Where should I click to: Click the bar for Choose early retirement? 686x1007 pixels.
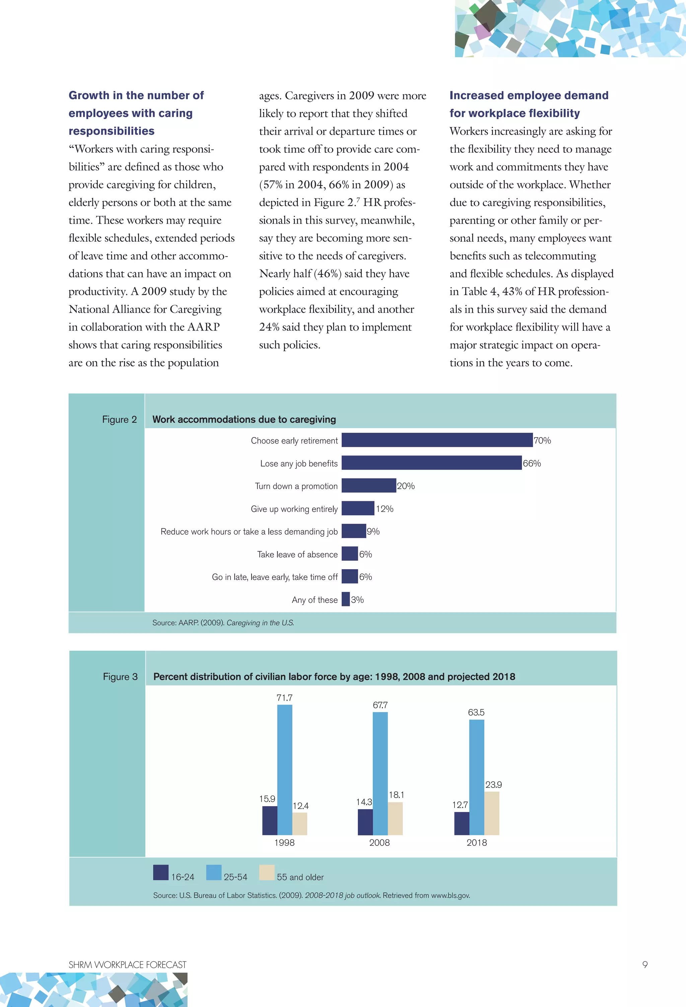437,440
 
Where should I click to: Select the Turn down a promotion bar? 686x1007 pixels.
368,485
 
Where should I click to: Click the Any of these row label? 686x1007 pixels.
315,600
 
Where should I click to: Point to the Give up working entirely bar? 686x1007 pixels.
358,508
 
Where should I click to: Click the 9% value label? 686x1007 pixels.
373,531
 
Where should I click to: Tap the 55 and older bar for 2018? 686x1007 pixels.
491,813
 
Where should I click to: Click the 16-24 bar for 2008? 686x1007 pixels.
365,822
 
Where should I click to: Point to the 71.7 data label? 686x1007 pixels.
284,698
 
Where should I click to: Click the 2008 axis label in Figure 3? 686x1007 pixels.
380,843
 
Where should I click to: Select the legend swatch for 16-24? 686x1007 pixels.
161,872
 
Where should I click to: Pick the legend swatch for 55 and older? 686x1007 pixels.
267,872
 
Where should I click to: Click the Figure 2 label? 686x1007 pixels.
120,419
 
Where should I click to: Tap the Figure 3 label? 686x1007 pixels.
120,676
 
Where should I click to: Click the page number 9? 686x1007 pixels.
645,964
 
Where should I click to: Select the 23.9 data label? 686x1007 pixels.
493,785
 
